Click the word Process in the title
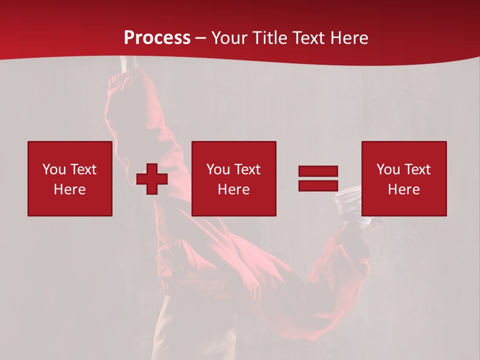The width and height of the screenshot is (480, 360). point(157,38)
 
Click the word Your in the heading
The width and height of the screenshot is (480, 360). point(230,38)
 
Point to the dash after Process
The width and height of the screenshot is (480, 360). point(201,38)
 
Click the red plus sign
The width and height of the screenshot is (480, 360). point(152,178)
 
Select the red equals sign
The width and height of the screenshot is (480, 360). point(318,178)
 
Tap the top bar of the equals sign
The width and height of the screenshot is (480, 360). point(318,171)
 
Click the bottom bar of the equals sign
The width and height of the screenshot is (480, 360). point(318,186)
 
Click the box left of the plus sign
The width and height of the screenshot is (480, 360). point(70,178)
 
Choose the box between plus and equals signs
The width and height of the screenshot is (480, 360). point(234,178)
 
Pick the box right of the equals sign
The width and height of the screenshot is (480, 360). point(404,178)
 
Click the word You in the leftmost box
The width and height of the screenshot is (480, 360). point(54,169)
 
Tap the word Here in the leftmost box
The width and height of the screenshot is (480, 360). point(70,189)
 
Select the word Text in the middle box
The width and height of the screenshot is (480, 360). point(247,169)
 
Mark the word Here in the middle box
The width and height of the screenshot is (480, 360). point(234,189)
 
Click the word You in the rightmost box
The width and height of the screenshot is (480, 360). point(388,169)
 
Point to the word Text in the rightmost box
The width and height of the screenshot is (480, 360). point(417,169)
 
